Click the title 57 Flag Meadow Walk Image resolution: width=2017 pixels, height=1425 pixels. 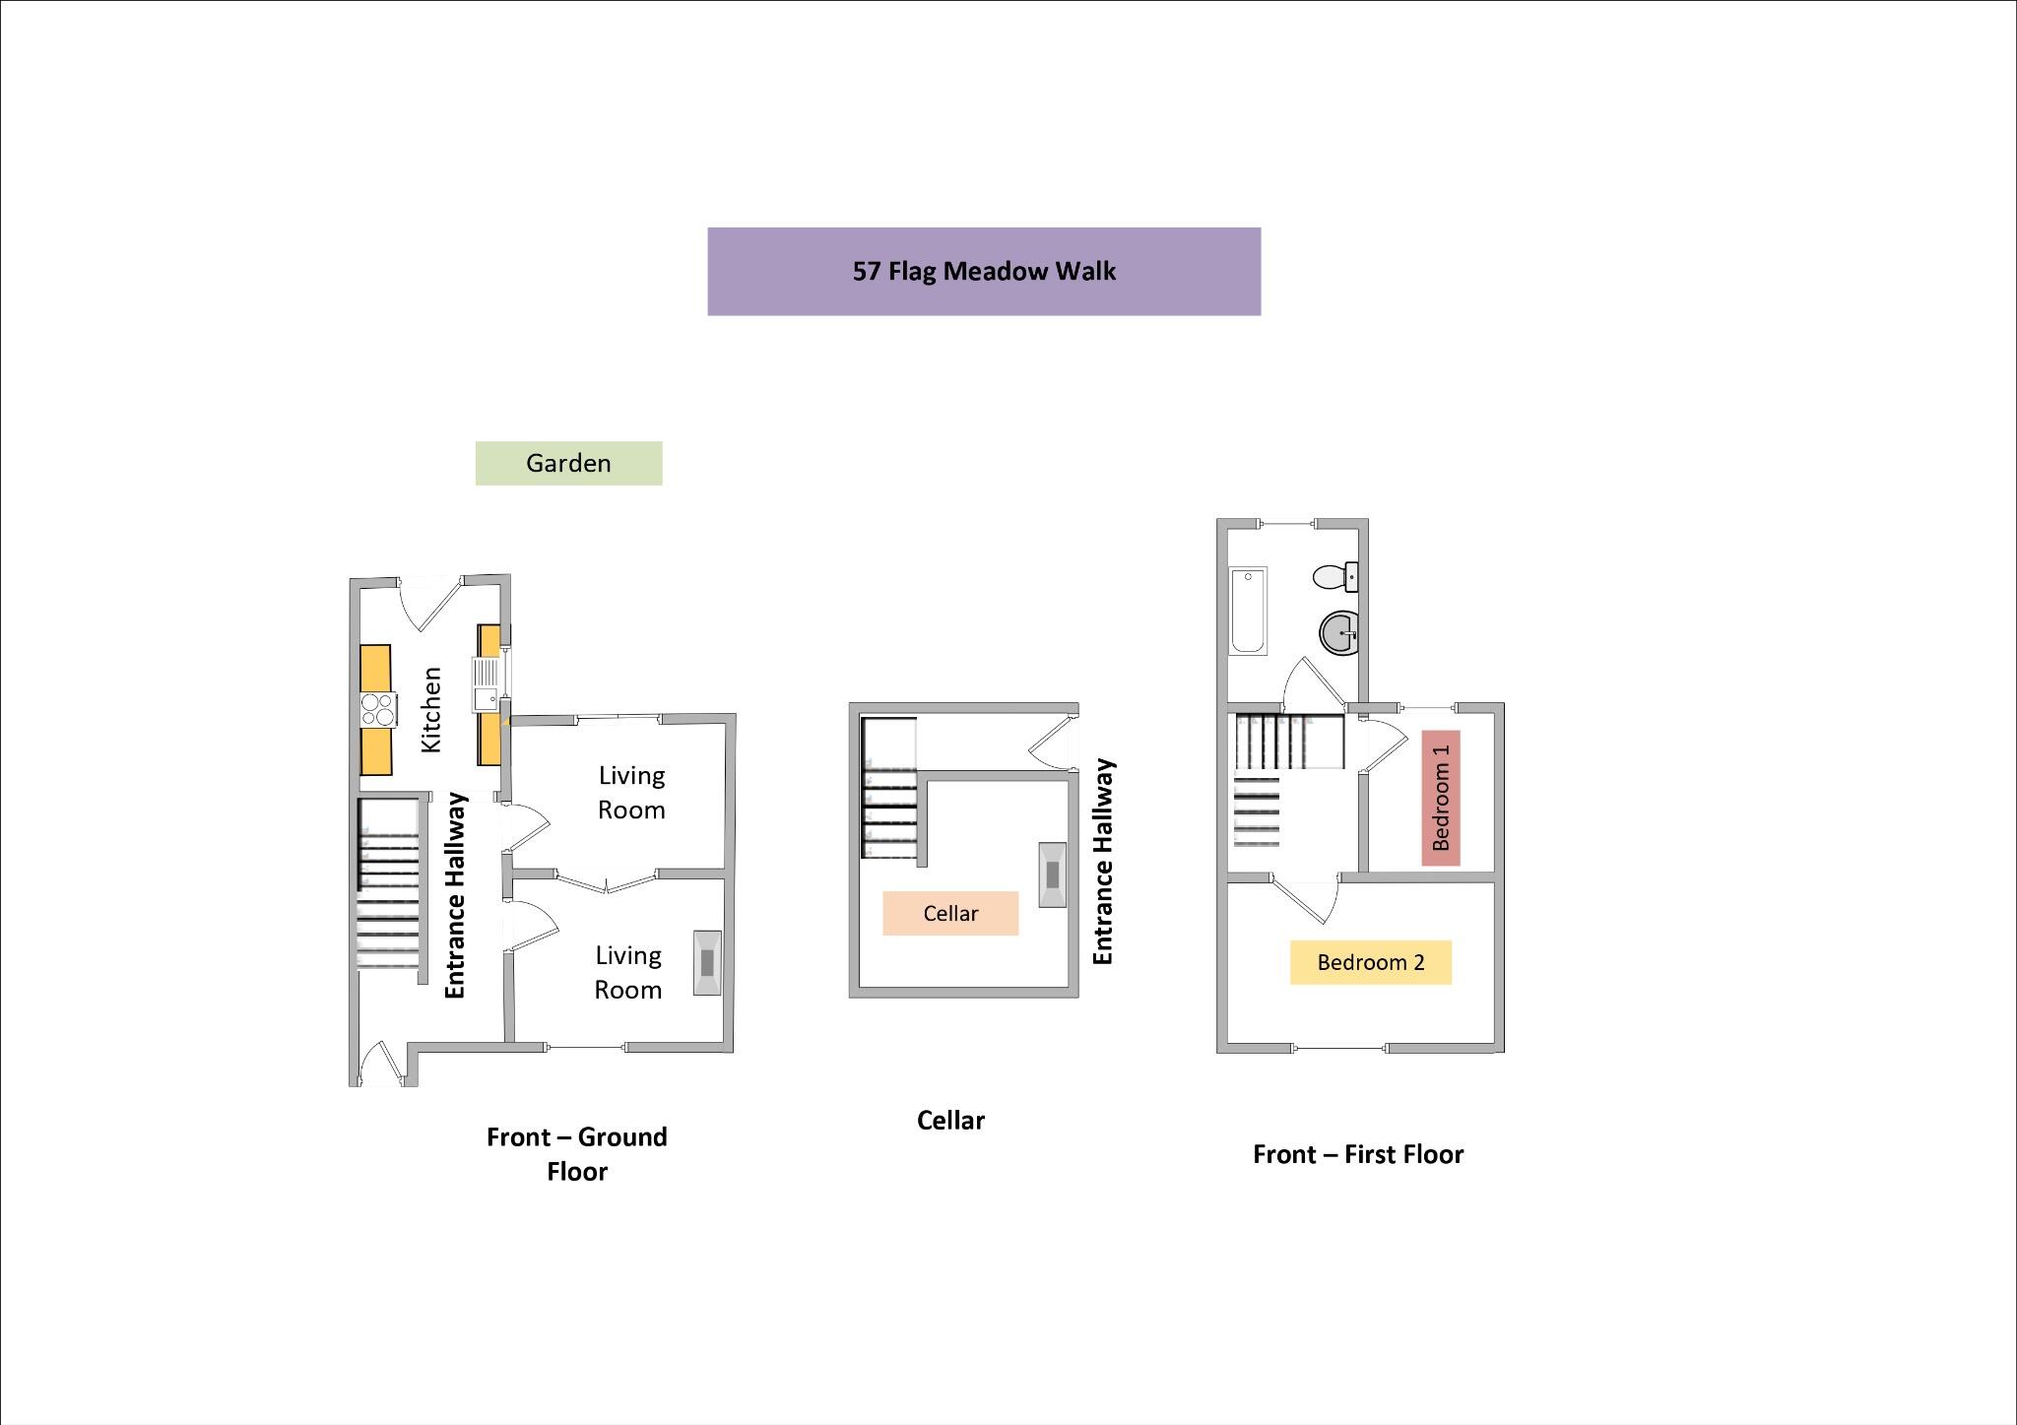[x=983, y=272]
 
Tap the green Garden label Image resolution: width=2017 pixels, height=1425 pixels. [x=568, y=463]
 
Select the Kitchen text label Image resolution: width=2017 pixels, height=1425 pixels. [x=431, y=710]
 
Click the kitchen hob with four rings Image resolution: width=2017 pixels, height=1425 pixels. [x=377, y=709]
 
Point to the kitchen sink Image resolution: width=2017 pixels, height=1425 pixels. [x=488, y=685]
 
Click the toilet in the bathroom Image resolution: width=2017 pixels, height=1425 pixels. [x=1334, y=576]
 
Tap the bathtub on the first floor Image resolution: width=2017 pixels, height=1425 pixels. [x=1248, y=611]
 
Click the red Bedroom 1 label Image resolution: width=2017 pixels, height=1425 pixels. [x=1441, y=798]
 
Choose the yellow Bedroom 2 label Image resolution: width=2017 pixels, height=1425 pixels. [x=1370, y=962]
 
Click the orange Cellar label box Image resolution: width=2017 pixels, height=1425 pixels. [x=950, y=913]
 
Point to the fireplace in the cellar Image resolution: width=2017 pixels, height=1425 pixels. [x=1052, y=874]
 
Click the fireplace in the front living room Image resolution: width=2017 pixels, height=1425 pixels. [x=707, y=962]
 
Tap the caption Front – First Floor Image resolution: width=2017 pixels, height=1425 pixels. [x=1358, y=1154]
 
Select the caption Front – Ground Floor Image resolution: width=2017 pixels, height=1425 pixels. [x=577, y=1153]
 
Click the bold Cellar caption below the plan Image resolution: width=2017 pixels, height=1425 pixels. [x=950, y=1121]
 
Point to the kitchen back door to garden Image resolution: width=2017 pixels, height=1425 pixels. [x=431, y=602]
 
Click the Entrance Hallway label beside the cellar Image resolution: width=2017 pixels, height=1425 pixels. [x=1103, y=862]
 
